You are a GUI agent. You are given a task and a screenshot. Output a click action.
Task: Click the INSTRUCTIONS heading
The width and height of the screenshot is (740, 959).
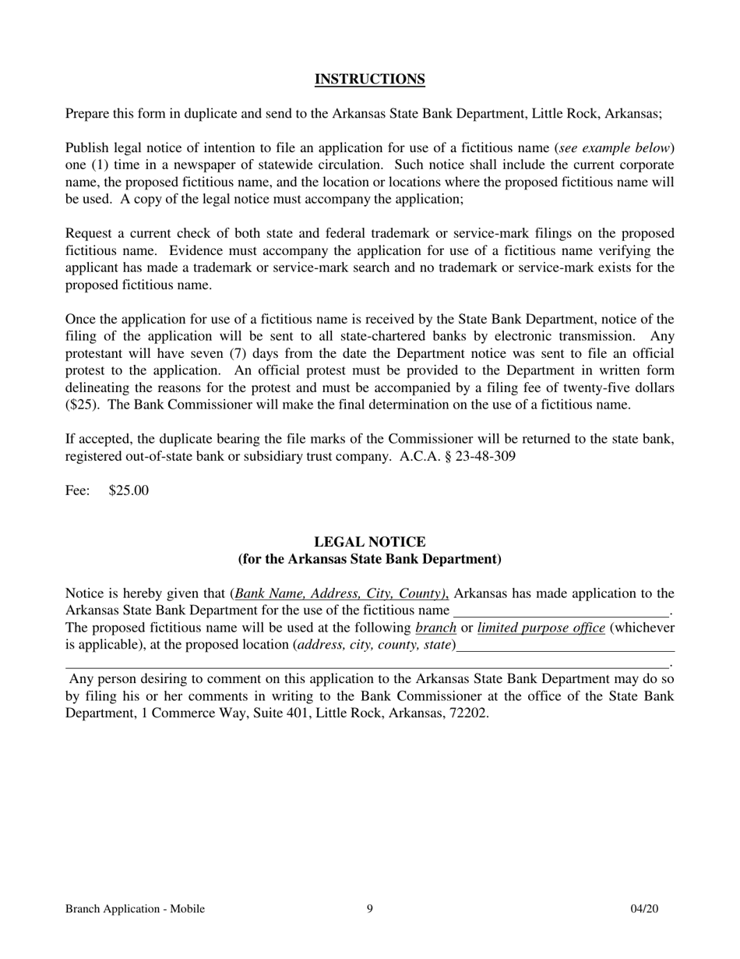coord(369,80)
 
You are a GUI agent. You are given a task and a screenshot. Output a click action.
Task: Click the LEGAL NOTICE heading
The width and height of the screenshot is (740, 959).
coord(369,542)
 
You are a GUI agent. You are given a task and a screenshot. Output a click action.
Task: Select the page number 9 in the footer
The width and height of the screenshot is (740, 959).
coord(370,908)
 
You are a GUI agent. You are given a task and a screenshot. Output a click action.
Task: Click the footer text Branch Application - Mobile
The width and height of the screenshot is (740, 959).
coord(135,908)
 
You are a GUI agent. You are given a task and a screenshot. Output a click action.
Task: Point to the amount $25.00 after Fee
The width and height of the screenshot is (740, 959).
coord(129,490)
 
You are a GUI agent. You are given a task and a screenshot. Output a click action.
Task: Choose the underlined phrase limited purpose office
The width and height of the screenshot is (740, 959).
coord(541,628)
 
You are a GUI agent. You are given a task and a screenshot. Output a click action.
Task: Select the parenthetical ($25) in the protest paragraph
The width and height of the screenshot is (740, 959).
coord(81,405)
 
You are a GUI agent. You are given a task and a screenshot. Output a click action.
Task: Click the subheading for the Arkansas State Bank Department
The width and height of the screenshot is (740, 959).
coord(369,559)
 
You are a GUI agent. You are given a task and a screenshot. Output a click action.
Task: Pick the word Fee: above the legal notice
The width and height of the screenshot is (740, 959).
coord(78,490)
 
